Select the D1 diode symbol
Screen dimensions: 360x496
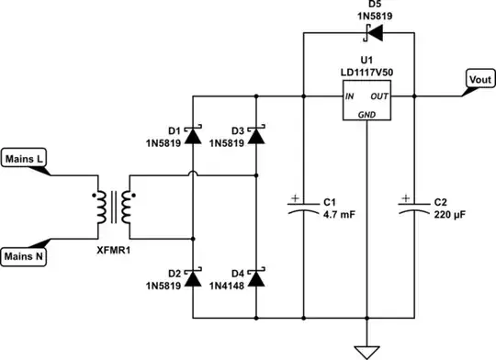pos(194,135)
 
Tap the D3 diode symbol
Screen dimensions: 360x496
pos(255,135)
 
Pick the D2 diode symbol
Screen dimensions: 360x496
pos(194,277)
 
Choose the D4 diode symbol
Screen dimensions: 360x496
pos(255,277)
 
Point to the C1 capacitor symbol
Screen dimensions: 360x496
pos(303,207)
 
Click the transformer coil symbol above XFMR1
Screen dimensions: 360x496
pos(113,208)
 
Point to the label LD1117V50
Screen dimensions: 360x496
pos(366,72)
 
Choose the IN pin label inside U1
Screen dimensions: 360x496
pos(350,96)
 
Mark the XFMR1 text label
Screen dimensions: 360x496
pos(114,249)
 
